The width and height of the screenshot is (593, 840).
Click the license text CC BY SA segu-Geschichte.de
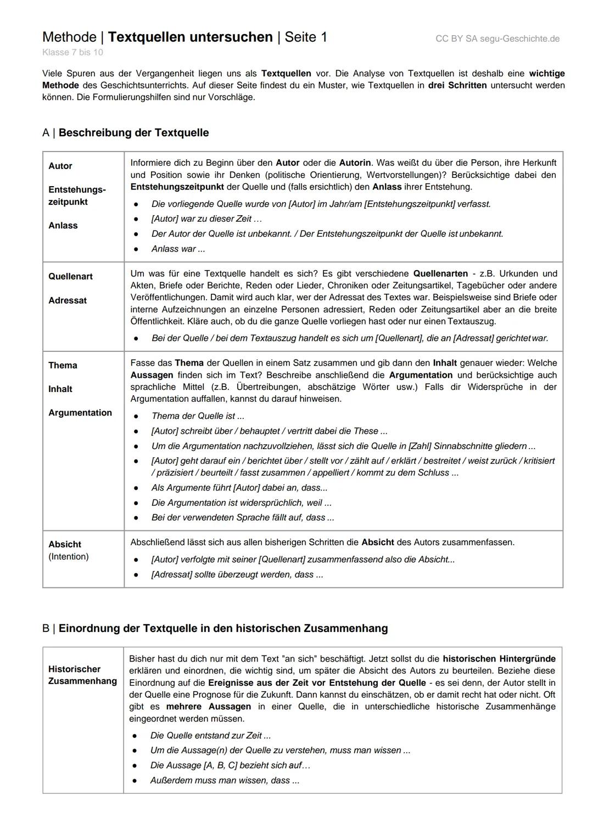[497, 38]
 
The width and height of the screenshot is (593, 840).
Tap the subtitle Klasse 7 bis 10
[72, 52]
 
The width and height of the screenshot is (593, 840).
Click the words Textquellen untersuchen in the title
[190, 37]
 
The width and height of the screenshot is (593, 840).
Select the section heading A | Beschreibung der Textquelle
[125, 132]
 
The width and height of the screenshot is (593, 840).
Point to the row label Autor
[60, 166]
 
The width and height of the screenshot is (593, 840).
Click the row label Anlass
[63, 225]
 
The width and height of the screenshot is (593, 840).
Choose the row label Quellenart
[70, 276]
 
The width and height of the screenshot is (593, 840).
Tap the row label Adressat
[68, 300]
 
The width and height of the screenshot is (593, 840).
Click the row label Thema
[63, 365]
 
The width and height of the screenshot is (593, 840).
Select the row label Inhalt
[60, 389]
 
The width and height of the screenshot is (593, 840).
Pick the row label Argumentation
[80, 412]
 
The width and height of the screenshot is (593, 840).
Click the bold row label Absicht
[65, 544]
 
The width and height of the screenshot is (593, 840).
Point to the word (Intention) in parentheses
[68, 556]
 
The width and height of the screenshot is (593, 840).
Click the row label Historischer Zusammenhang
[82, 675]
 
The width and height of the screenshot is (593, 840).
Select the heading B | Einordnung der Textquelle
[215, 628]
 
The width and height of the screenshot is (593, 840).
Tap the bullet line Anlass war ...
[178, 249]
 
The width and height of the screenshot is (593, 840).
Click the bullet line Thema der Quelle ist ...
[198, 416]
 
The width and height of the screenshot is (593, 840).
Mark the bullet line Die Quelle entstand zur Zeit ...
[210, 735]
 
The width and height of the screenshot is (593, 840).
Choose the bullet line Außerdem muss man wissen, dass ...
[225, 780]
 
